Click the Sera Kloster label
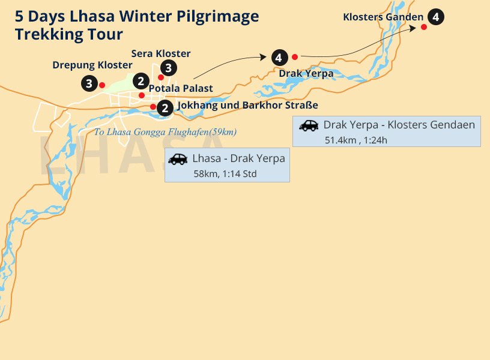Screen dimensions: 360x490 tap(161, 54)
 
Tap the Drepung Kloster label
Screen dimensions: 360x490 tap(92, 65)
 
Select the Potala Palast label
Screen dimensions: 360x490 tap(181, 88)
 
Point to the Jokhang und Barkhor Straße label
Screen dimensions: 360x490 tap(247, 105)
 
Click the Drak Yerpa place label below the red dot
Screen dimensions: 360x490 tap(306, 73)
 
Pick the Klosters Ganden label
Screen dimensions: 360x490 tap(383, 17)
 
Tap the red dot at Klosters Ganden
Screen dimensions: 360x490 tap(424, 27)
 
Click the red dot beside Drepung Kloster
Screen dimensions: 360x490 tap(102, 85)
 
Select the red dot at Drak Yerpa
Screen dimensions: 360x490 tap(295, 57)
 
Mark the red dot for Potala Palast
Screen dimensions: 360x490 tap(142, 95)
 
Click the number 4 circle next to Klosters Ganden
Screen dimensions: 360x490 tap(437, 17)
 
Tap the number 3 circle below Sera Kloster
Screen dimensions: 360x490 tap(169, 67)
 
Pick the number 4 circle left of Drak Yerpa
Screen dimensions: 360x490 tap(278, 58)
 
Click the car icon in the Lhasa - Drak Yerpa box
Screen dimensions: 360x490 tap(178, 159)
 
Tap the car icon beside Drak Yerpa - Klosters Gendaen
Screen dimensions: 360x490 tap(309, 125)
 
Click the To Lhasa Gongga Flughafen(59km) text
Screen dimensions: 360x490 tap(165, 132)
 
